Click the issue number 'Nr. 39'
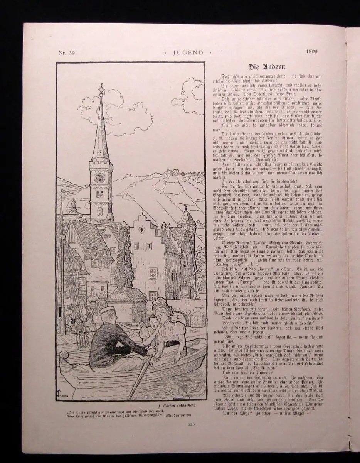[x=66, y=53]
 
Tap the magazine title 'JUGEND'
[x=187, y=53]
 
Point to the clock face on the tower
[x=99, y=177]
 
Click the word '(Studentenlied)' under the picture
[x=181, y=415]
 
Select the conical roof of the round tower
[x=187, y=217]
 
